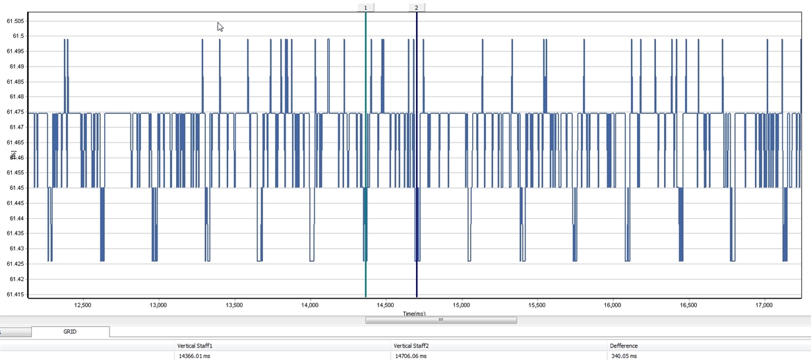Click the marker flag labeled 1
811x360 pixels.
click(365, 7)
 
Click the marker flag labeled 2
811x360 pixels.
click(417, 7)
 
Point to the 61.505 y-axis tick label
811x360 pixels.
click(15, 20)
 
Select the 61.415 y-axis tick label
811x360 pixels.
click(15, 295)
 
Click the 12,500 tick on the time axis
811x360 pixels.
click(82, 306)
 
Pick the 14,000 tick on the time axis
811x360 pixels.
click(310, 306)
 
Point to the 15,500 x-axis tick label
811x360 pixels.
click(537, 306)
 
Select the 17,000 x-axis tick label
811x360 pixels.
click(764, 306)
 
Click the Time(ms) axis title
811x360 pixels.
click(414, 313)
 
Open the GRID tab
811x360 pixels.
click(70, 332)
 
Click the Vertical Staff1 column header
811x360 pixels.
click(195, 345)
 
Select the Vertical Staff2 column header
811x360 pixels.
click(411, 345)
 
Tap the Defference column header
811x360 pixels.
click(624, 345)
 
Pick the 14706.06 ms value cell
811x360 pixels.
click(410, 355)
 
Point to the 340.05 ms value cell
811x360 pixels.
click(624, 355)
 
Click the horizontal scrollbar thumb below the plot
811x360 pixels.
click(440, 320)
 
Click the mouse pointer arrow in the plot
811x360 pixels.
click(220, 26)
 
